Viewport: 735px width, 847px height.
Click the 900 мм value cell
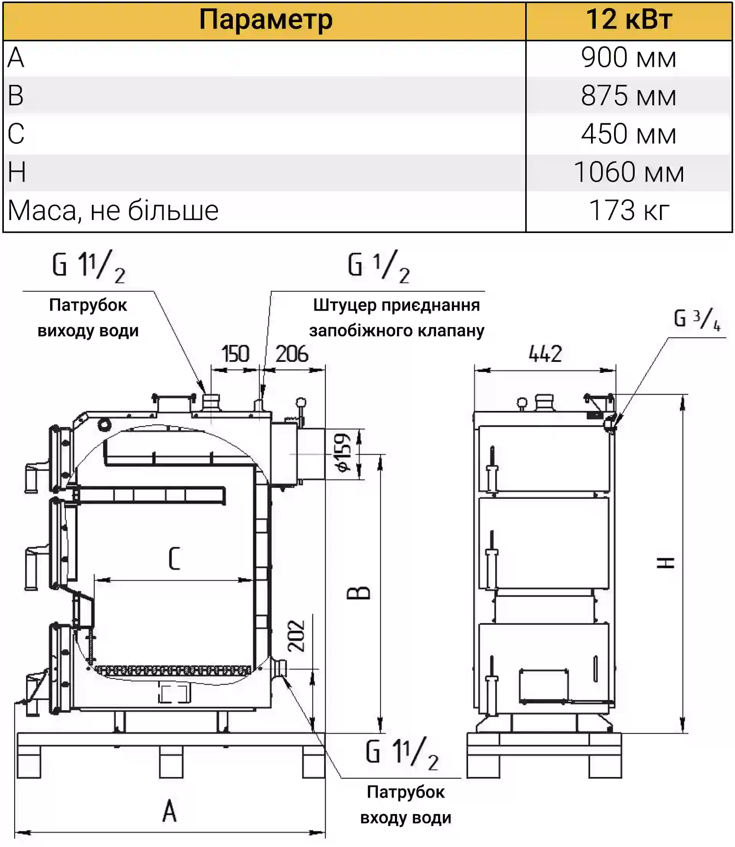coord(628,58)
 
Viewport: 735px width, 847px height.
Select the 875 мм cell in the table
coord(628,96)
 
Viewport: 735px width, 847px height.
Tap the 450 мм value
coord(628,134)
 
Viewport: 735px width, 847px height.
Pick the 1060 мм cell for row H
coord(628,172)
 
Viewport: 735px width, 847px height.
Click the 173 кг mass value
coord(628,211)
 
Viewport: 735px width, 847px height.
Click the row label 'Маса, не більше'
coord(113,211)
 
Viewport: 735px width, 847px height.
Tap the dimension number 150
coord(235,354)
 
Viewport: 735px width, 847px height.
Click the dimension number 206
coord(292,354)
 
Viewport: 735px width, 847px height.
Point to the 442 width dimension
coord(545,354)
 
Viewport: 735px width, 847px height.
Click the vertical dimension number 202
coord(296,636)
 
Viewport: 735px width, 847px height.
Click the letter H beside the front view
coord(665,563)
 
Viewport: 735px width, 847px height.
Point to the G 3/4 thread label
coord(697,319)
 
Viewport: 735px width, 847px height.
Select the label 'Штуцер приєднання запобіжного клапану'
coord(397,318)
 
